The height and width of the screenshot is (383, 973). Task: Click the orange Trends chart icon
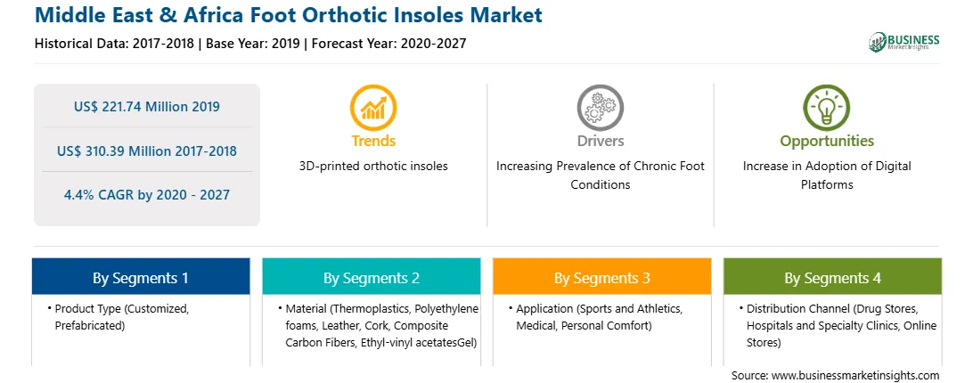tap(373, 107)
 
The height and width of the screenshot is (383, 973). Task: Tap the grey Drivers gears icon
tap(600, 107)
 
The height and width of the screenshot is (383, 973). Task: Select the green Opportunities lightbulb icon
tap(827, 107)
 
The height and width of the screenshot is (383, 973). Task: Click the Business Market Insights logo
tap(904, 42)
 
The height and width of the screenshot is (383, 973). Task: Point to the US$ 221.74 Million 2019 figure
tap(146, 106)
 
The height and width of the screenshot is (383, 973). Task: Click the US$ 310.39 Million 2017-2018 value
tap(146, 151)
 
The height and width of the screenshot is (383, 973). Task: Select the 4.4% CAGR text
tap(146, 194)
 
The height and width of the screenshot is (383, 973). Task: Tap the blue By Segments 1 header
tap(141, 277)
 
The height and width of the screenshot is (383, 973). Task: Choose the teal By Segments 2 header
tap(371, 277)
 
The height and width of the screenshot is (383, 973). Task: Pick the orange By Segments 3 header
tap(602, 277)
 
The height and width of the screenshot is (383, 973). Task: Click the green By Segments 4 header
tap(833, 277)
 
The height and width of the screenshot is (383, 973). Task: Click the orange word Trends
tap(373, 141)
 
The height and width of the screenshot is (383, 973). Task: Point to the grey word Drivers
tap(600, 141)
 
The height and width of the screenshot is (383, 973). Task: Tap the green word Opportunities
tap(827, 142)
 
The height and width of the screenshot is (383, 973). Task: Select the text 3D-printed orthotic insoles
tap(373, 166)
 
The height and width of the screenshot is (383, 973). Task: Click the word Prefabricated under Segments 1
tap(90, 325)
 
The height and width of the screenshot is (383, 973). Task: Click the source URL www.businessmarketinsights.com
tap(855, 376)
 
